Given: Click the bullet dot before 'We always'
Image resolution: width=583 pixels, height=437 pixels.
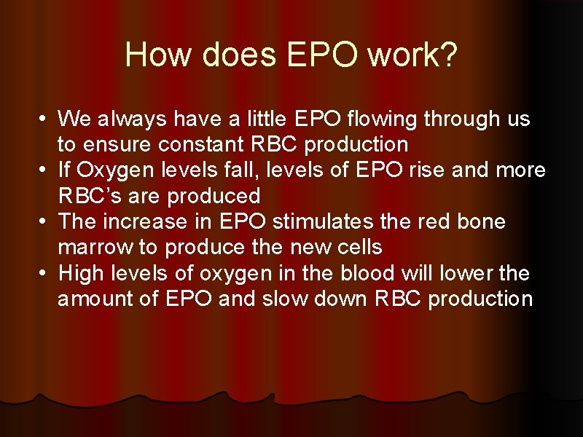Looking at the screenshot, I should [44, 118].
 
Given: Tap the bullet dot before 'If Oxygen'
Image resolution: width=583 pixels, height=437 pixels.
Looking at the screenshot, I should [44, 170].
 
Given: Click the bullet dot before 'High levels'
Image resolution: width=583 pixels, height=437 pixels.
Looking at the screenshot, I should [44, 273].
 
